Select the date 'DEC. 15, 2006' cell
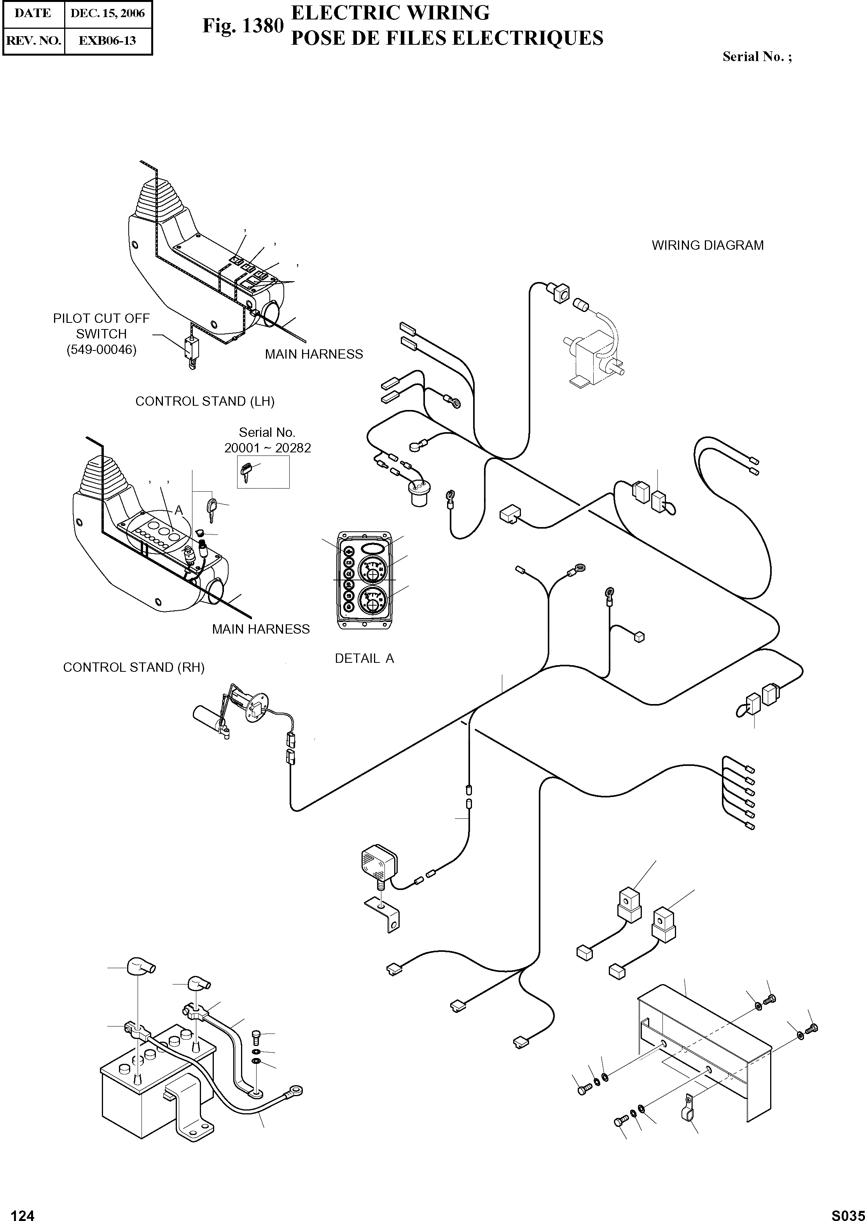[x=108, y=13]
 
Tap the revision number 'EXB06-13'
[x=108, y=40]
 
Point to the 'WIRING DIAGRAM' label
[x=707, y=246]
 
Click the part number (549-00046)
[x=101, y=350]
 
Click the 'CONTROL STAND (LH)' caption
[x=205, y=401]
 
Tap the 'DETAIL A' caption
[x=364, y=659]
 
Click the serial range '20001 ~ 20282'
[x=267, y=448]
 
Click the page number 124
[x=23, y=1211]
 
